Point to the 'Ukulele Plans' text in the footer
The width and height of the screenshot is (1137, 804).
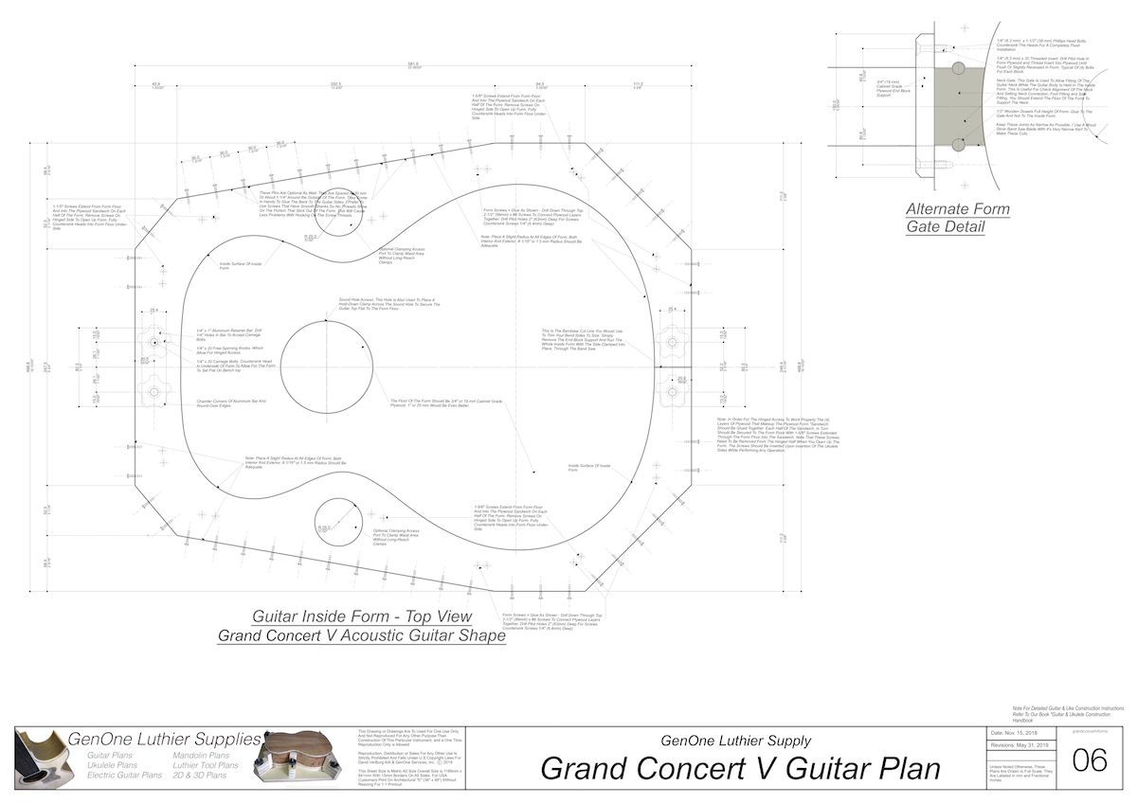coord(112,765)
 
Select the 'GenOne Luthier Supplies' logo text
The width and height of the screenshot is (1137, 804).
coord(165,739)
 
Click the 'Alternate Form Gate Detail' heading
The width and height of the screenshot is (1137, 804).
coord(957,218)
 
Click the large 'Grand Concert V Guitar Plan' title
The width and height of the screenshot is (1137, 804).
coord(740,767)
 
